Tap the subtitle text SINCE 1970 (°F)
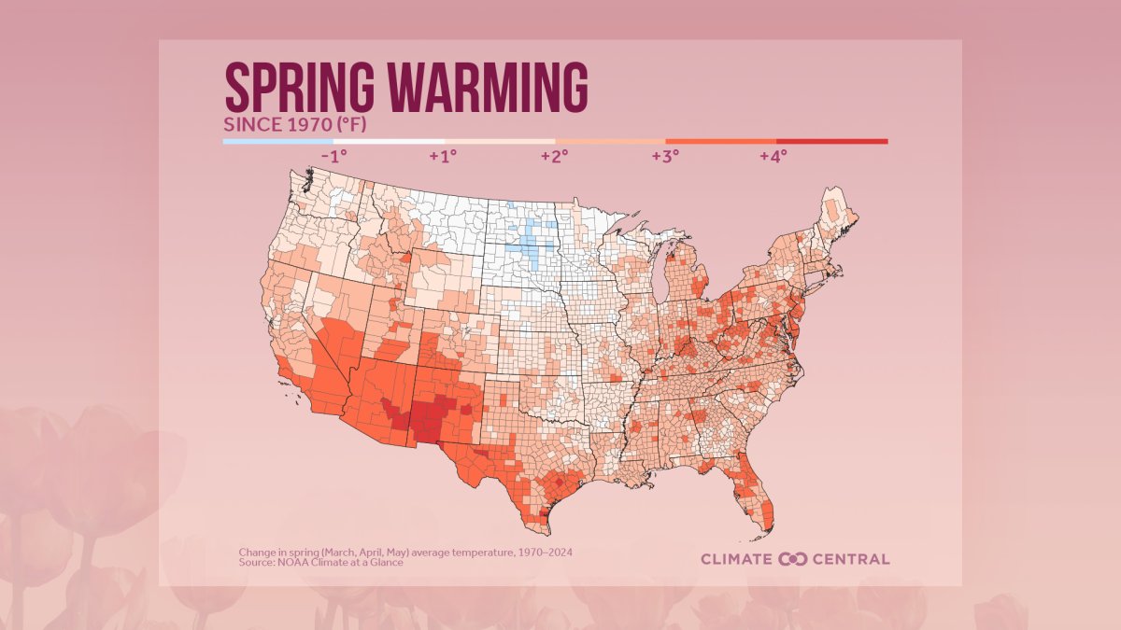tap(289, 124)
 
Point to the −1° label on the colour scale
tap(333, 156)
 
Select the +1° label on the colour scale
tap(443, 156)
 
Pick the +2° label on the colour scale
tap(554, 156)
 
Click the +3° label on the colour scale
tap(664, 156)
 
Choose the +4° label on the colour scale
tap(773, 156)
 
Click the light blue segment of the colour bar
tap(277, 142)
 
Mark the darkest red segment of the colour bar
tap(831, 142)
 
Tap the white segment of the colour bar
tap(388, 142)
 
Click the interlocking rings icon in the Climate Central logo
tap(792, 559)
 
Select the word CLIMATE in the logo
tap(737, 559)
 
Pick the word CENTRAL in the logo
tap(850, 559)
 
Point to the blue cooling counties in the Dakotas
tap(533, 243)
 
